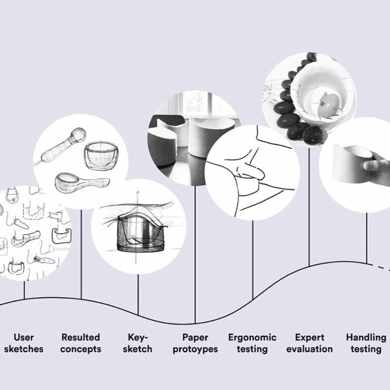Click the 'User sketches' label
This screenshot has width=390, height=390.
point(24,343)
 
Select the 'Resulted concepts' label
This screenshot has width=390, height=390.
point(81,343)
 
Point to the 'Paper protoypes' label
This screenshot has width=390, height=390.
point(195,343)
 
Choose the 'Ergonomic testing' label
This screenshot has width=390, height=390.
point(252,343)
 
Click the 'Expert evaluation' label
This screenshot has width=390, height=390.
point(309,343)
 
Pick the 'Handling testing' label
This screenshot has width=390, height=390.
point(366,343)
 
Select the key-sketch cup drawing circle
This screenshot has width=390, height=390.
point(138,226)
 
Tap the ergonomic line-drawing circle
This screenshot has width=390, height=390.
point(253,173)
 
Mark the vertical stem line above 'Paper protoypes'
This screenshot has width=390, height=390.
point(196,254)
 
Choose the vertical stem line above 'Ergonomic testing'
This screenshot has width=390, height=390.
point(253,259)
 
